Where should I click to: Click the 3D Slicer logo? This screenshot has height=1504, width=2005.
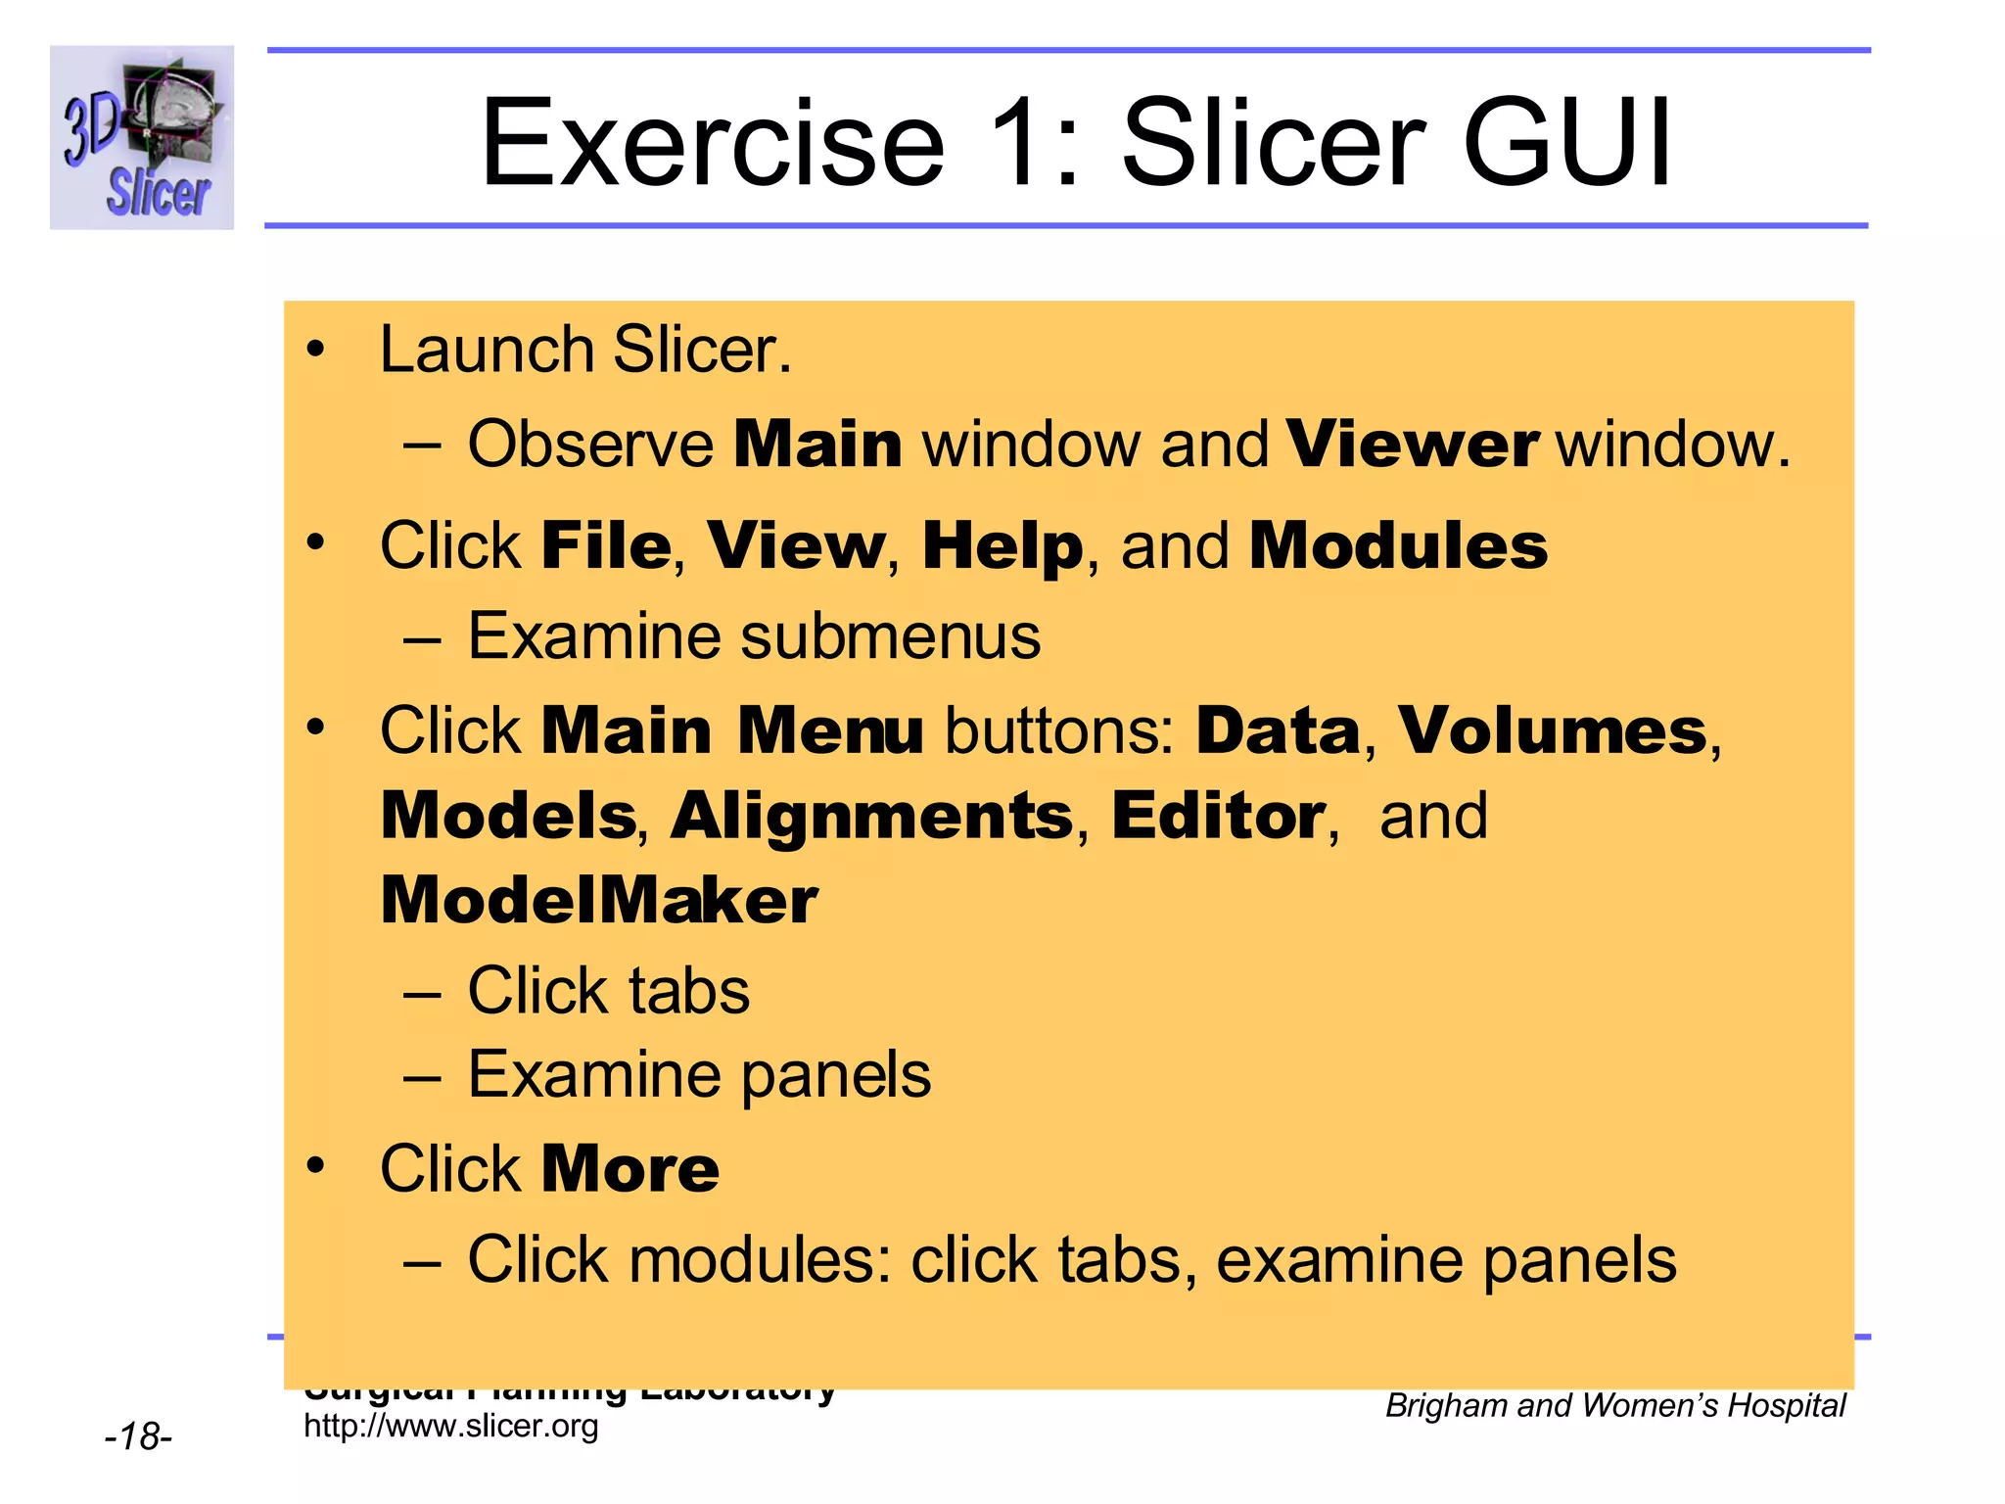pos(142,137)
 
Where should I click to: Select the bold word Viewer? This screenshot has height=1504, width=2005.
pos(1412,445)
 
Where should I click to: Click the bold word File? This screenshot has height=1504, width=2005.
pos(606,545)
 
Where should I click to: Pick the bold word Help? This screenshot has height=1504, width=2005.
pos(1002,546)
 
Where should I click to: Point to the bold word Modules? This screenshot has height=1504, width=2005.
pos(1398,545)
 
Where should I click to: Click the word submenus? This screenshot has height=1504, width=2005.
pos(890,636)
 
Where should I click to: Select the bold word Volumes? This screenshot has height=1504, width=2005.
pos(1552,730)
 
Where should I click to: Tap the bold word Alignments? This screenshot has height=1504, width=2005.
pos(871,816)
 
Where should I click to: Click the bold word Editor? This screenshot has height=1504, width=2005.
pos(1218,816)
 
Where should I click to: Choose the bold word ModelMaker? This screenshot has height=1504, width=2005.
pos(599,901)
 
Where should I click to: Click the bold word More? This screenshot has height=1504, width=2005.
pos(630,1169)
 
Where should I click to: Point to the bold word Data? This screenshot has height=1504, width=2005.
pos(1278,730)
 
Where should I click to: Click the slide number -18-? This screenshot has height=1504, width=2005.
pos(138,1436)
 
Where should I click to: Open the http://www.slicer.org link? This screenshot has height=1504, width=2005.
pos(451,1426)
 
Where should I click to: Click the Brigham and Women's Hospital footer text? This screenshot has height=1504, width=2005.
pos(1615,1405)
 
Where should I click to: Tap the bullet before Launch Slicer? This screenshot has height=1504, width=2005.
pos(314,350)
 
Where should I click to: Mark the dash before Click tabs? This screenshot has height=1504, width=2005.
pos(422,992)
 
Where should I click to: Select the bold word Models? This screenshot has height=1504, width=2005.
pos(508,816)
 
